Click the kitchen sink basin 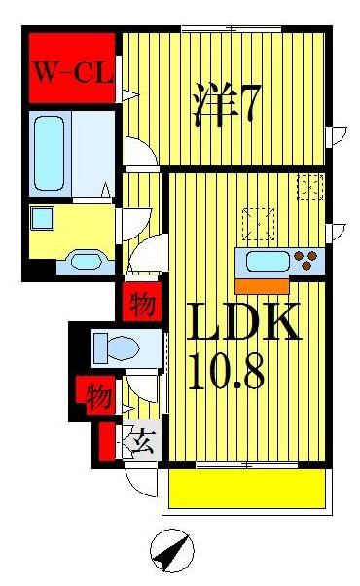[268, 261]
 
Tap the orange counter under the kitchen [262, 284]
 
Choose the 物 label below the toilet [96, 395]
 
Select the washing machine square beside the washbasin [42, 218]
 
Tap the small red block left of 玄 [104, 444]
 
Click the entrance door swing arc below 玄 [140, 483]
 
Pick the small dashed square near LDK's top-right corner [309, 185]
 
